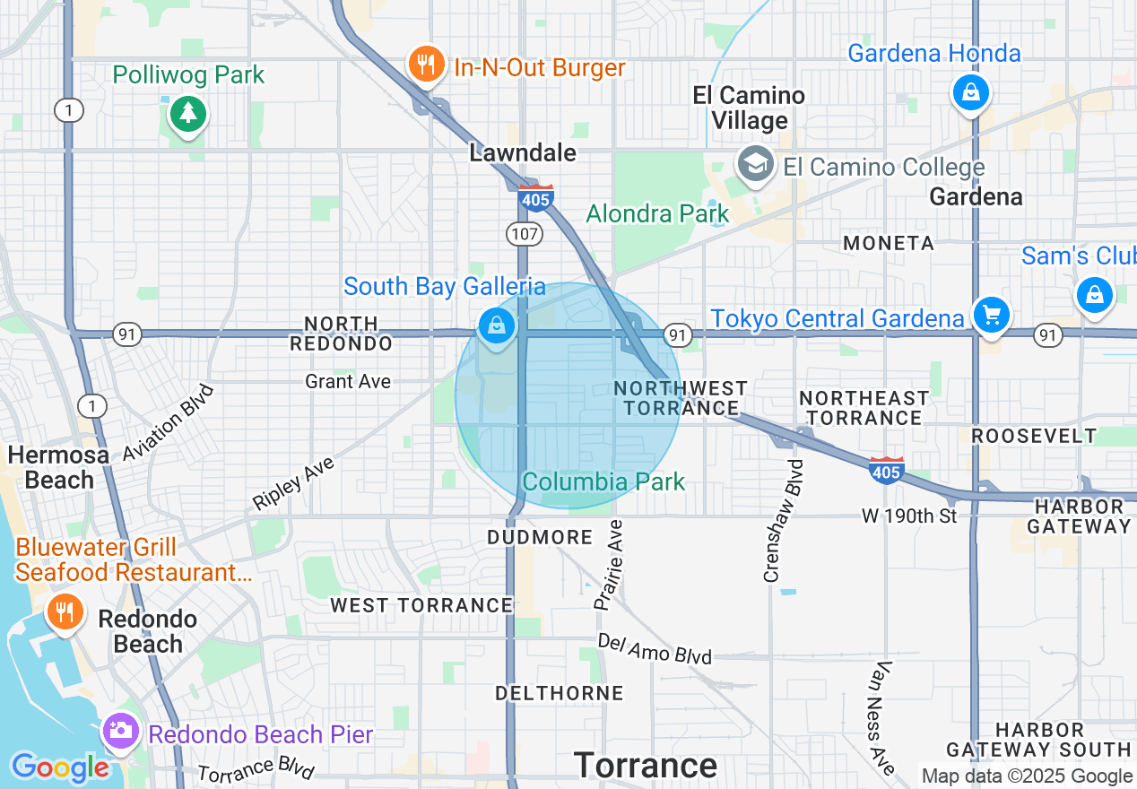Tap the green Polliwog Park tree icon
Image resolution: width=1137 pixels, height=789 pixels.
(x=188, y=114)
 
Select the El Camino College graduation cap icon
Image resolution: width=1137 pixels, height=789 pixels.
(x=758, y=165)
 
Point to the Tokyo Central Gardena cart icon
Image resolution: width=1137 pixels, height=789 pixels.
(x=991, y=316)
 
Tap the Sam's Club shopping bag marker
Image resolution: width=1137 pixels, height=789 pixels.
(x=1094, y=295)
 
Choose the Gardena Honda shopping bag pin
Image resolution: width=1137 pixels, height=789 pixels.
(x=970, y=92)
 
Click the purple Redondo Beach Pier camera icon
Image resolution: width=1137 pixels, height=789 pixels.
(x=119, y=732)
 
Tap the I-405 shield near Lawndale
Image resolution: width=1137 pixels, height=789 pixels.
(x=535, y=197)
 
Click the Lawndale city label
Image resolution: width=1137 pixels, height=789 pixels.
(x=523, y=153)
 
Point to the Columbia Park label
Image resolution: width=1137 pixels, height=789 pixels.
(x=603, y=481)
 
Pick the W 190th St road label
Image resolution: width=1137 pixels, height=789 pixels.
(x=909, y=516)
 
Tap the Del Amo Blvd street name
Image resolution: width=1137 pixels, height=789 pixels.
(x=655, y=649)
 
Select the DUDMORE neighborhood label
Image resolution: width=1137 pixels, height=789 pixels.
(x=540, y=537)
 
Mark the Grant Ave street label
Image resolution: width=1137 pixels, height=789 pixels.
(x=348, y=382)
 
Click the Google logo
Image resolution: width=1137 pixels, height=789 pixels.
(x=60, y=768)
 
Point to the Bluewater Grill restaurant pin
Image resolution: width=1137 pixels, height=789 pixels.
(x=65, y=613)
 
